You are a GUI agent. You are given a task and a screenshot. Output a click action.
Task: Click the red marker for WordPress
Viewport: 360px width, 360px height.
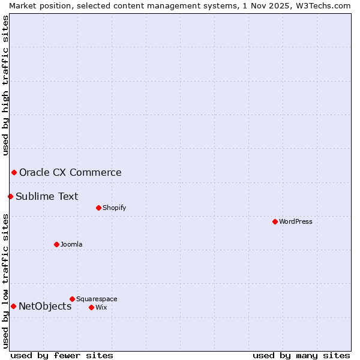[275, 221]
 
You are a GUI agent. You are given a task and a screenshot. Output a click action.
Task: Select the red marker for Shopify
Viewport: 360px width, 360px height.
[98, 208]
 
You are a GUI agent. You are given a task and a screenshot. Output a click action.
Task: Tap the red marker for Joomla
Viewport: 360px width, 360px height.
[56, 244]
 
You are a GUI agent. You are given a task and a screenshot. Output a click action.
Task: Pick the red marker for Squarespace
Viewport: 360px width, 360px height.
[72, 299]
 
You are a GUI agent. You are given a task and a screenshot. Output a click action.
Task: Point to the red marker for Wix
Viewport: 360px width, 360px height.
[91, 307]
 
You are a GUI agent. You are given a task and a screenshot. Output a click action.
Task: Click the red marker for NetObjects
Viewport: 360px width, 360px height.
[13, 307]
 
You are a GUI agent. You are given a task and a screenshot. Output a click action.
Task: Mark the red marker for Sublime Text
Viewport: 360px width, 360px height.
[10, 196]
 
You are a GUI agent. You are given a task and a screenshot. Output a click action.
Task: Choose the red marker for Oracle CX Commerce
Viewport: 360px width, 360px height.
[14, 173]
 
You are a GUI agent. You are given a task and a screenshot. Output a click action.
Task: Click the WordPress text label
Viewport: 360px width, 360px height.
[296, 221]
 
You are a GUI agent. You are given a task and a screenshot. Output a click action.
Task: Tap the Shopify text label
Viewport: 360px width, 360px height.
[114, 208]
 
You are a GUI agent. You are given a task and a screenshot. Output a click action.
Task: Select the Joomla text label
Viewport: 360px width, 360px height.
[71, 244]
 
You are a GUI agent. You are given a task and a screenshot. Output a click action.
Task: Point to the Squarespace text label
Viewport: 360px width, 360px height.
[97, 299]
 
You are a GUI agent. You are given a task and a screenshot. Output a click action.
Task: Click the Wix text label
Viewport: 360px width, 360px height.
[101, 307]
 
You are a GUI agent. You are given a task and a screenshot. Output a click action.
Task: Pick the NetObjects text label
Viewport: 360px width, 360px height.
[45, 307]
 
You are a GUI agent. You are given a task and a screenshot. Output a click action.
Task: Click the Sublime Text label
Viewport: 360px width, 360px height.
[47, 196]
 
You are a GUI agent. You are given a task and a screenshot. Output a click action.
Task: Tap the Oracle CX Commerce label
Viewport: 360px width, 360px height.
[70, 173]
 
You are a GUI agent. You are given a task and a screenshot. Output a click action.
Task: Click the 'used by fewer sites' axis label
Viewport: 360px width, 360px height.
[62, 355]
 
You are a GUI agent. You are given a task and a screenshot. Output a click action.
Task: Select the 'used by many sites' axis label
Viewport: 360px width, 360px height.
[301, 355]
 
